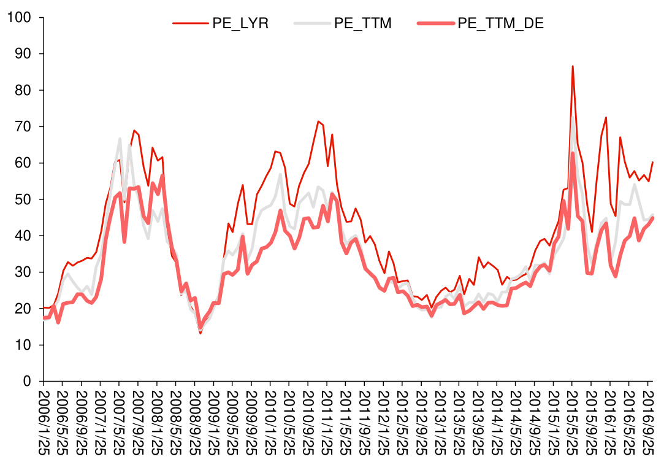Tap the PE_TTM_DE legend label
[x=501, y=23]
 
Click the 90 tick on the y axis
[x=23, y=54]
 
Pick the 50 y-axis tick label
[x=23, y=199]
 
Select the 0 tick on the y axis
[x=27, y=382]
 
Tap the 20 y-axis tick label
[x=23, y=309]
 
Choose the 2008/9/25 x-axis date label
[x=196, y=421]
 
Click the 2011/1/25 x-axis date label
[x=328, y=421]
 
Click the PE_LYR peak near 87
[x=573, y=66]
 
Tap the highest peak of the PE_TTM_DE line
[x=573, y=153]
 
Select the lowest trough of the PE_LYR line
[x=200, y=333]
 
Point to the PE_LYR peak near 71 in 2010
[x=318, y=121]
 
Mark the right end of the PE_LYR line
[x=653, y=162]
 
